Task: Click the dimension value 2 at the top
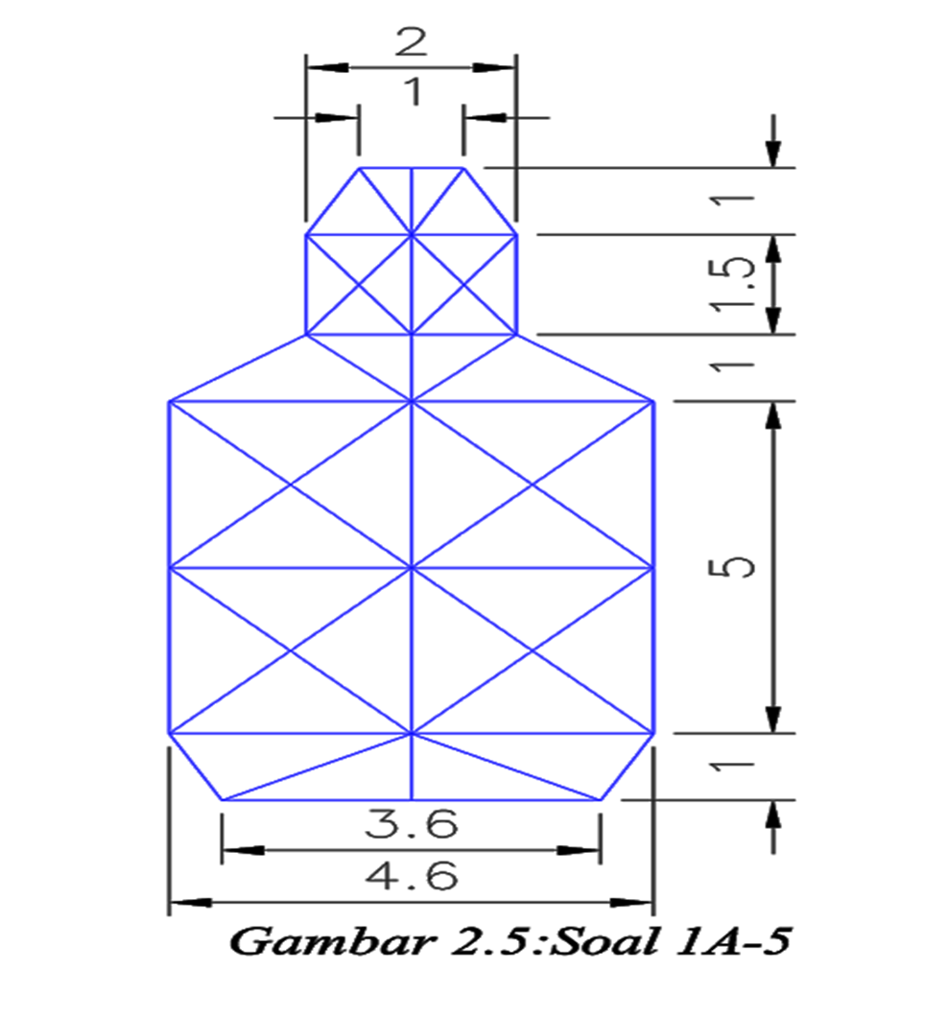point(411,43)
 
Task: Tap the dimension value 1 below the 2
point(411,93)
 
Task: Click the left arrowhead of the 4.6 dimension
point(188,903)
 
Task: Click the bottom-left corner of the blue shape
point(223,798)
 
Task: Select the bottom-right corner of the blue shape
point(601,798)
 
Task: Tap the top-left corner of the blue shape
point(359,168)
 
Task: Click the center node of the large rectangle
point(412,568)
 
